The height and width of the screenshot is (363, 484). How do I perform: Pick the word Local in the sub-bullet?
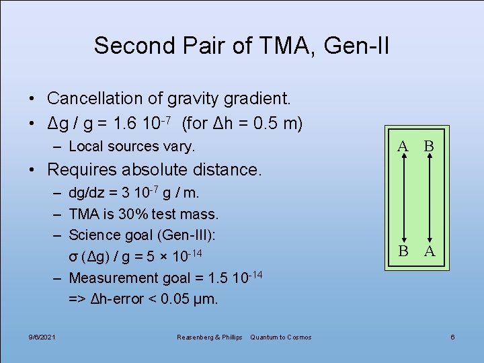click(85, 146)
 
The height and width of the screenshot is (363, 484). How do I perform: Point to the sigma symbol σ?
click(73, 257)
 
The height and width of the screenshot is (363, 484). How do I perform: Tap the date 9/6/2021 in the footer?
click(42, 337)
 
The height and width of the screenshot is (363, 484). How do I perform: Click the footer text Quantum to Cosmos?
click(280, 337)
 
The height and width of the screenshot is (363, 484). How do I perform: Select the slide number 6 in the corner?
click(452, 337)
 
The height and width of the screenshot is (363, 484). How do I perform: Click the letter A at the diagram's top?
click(403, 146)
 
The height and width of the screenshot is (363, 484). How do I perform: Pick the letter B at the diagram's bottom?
click(403, 251)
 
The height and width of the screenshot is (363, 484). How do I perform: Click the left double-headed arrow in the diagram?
click(403, 198)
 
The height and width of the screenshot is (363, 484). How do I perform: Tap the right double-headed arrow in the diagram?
click(428, 198)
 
